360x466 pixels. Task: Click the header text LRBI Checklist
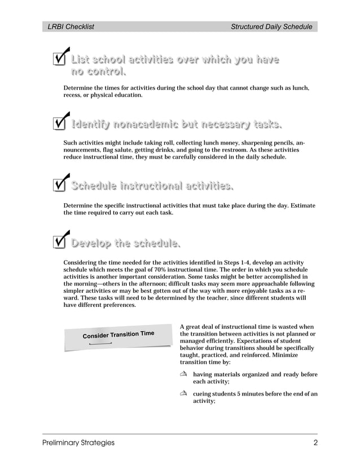71,27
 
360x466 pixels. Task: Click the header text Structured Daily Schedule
271,27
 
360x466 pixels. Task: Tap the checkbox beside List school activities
59,60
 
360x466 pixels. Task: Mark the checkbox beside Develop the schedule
59,241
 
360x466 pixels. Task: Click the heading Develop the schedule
125,244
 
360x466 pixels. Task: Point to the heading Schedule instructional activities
152,186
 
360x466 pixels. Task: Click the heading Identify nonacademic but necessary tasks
175,124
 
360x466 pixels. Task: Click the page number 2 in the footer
315,443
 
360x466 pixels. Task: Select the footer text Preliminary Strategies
78,443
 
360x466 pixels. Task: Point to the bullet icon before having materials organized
183,375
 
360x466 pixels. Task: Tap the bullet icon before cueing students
183,393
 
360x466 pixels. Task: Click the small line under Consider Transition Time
100,343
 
